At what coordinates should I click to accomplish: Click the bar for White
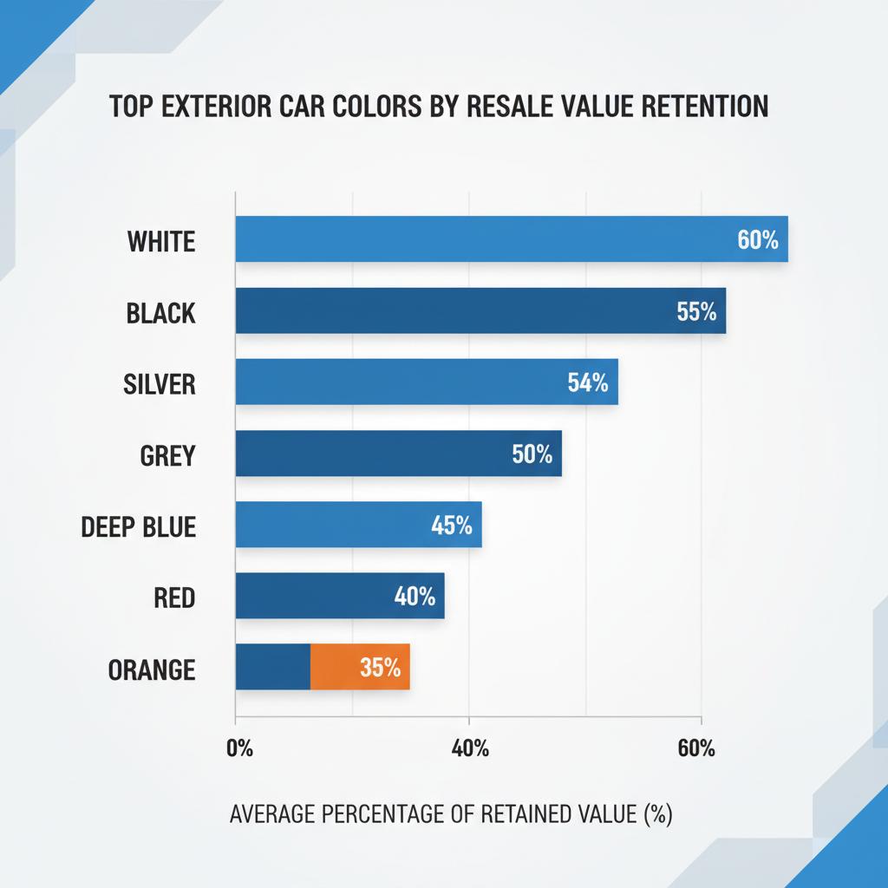(x=486, y=239)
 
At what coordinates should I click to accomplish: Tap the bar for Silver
(x=399, y=382)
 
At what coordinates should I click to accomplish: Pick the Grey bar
(x=373, y=453)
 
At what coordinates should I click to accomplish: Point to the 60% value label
(x=758, y=240)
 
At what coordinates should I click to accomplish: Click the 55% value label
(x=696, y=311)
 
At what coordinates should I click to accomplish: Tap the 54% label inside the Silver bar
(x=588, y=382)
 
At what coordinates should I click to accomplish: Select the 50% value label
(x=532, y=454)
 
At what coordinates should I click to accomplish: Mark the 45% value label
(x=451, y=525)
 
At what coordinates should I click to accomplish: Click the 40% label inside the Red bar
(x=414, y=596)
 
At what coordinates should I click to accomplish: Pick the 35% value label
(x=379, y=667)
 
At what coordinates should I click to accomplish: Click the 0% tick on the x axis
(x=238, y=748)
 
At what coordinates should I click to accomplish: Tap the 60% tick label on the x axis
(x=696, y=748)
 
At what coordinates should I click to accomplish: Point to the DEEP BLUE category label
(x=139, y=526)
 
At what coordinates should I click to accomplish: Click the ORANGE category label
(x=152, y=669)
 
